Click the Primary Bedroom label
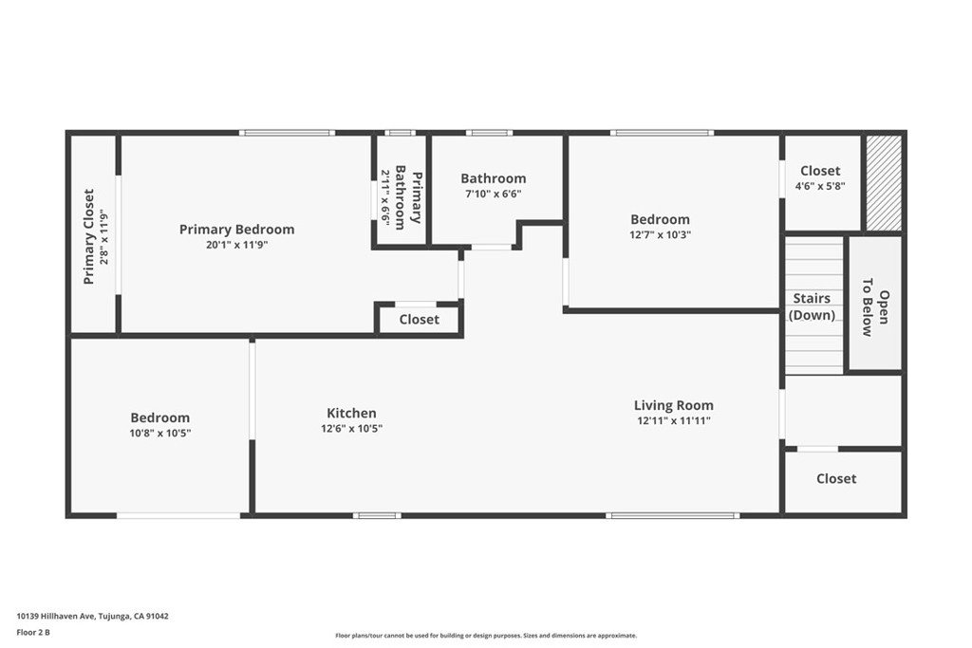click(236, 229)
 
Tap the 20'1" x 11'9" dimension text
click(236, 244)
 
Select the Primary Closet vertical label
click(88, 236)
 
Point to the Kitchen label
click(351, 413)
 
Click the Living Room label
click(673, 405)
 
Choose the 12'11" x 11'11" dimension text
click(673, 420)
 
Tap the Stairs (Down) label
click(812, 306)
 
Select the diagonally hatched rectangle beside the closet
click(883, 183)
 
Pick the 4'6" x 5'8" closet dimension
click(819, 186)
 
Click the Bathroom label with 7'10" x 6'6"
click(493, 178)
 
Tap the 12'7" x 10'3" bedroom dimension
click(660, 234)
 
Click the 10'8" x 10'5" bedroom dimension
click(159, 433)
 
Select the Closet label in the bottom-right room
click(836, 479)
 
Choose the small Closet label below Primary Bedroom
click(419, 320)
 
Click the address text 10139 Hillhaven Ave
click(92, 616)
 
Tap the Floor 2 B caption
click(32, 632)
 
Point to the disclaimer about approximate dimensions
click(485, 636)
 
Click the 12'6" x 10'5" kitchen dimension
click(351, 428)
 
